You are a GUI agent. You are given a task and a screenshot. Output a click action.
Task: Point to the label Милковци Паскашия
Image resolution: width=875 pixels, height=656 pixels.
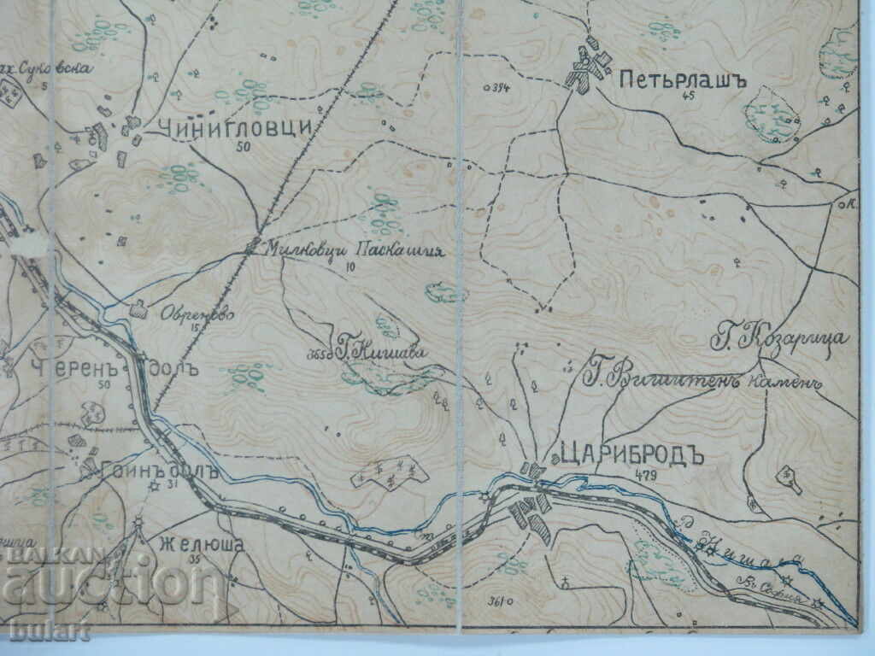tap(353, 249)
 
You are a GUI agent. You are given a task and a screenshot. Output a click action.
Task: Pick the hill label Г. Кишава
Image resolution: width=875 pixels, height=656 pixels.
tap(379, 350)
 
